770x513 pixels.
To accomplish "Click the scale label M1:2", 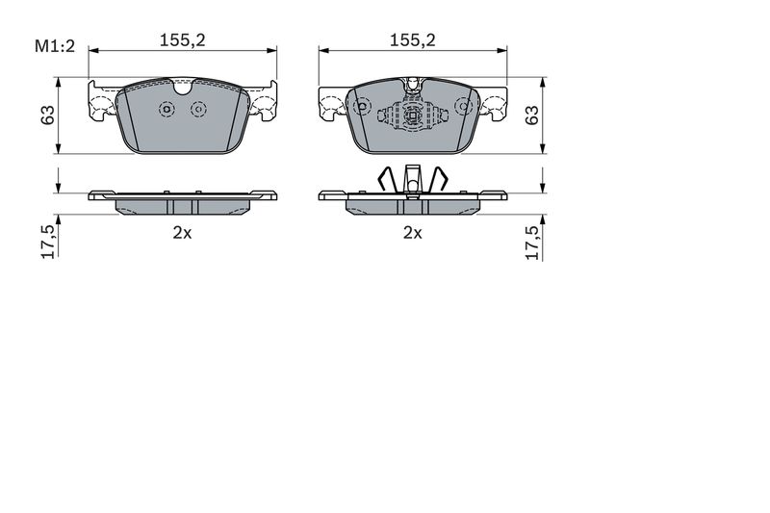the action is pos(55,46).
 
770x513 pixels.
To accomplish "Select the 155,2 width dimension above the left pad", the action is pos(182,40).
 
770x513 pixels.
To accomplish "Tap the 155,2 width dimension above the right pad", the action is pos(413,40).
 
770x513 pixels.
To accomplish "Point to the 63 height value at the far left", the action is pos(47,115).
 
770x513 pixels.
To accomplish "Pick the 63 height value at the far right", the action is pos(532,115).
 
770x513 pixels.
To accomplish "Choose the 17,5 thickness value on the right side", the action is pos(532,243).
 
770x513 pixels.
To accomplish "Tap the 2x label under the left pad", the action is pos(182,233).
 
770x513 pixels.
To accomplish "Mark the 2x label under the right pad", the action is pos(413,233).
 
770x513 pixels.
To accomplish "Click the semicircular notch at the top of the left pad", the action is pos(183,90).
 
